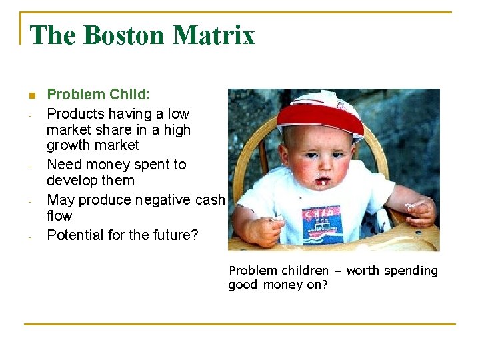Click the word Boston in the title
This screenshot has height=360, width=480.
coord(119,35)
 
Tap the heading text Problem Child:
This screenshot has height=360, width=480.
coord(95,95)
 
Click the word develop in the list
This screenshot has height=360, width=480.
coord(71,181)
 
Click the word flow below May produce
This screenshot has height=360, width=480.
coord(59,216)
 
